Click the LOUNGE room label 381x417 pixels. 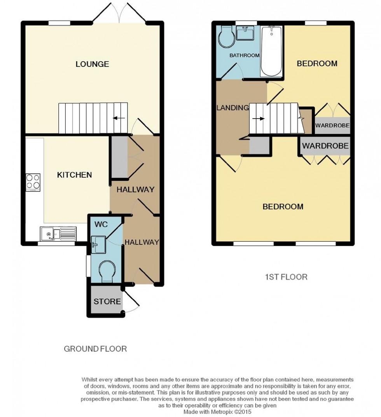coord(92,64)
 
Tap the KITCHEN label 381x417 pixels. coord(75,175)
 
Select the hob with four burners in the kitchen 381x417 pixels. coord(33,182)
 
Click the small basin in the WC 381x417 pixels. coord(96,243)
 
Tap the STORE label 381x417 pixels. coord(107,302)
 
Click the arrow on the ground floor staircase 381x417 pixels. coord(119,118)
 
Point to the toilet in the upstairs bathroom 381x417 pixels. coord(225,37)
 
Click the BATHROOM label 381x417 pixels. coord(244,56)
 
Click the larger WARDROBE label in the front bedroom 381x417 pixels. coord(325,146)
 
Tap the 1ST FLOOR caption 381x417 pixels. coord(286,277)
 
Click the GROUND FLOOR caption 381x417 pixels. coord(95,349)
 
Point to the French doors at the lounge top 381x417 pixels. coord(119,12)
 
